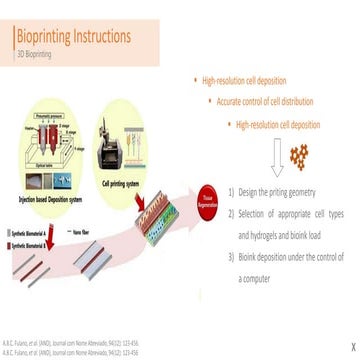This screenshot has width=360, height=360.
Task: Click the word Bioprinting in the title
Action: click(x=45, y=37)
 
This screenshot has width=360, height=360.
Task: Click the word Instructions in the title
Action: click(x=102, y=37)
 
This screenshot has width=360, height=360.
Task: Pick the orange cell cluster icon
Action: click(x=304, y=156)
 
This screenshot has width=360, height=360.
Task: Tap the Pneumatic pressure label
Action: click(x=51, y=118)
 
